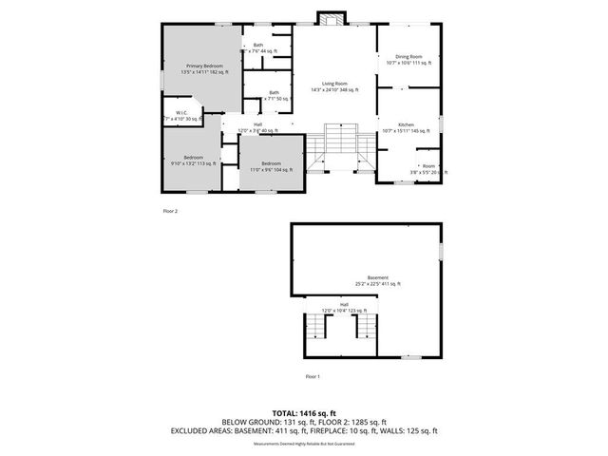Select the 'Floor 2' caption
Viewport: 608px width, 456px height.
(x=170, y=210)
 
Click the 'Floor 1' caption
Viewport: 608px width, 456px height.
(x=313, y=377)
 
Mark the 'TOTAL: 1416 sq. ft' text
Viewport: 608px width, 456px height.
(x=304, y=413)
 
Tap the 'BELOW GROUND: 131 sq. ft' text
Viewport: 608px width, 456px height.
(x=262, y=423)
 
